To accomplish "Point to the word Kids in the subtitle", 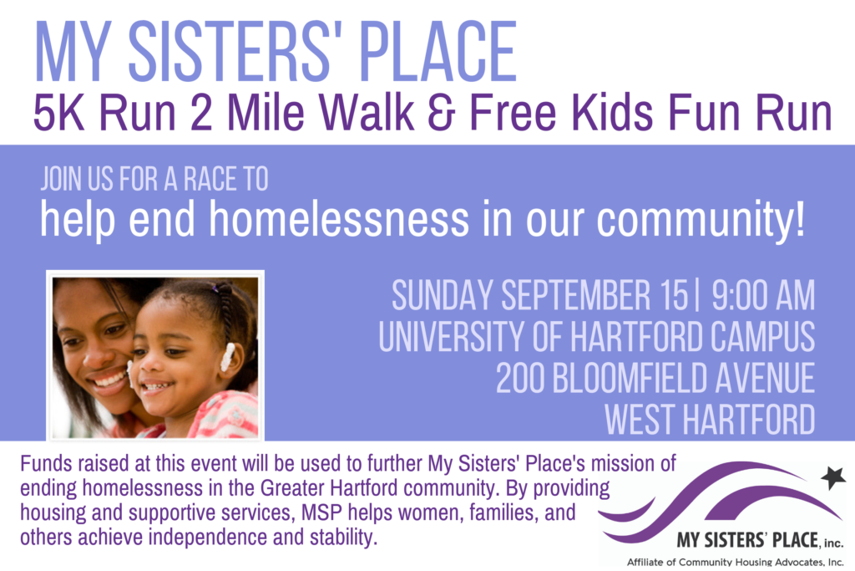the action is click(x=612, y=113).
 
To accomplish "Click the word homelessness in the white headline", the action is click(x=339, y=218).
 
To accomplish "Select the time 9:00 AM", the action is click(x=763, y=295).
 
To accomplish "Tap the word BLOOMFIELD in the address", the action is click(x=630, y=378).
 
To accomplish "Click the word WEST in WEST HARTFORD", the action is click(x=640, y=419).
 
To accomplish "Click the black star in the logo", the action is click(x=832, y=477).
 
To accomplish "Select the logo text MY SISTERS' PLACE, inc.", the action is click(x=760, y=540).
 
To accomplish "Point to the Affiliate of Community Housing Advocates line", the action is click(x=735, y=562).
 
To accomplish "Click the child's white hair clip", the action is click(x=227, y=357).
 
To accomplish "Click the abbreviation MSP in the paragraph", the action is click(x=322, y=512).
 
